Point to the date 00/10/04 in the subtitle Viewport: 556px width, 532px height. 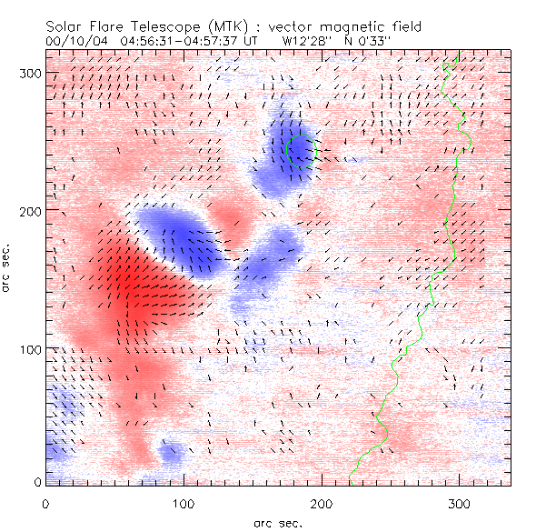[x=74, y=41]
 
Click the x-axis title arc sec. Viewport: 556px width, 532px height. [x=277, y=523]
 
